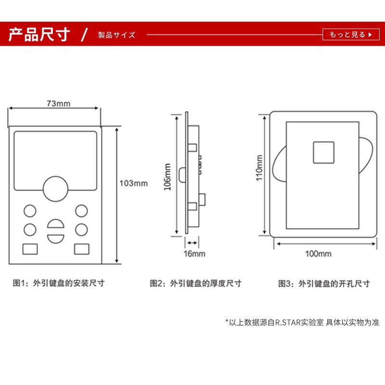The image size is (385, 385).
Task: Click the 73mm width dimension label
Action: [58, 103]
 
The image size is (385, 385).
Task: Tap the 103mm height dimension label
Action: [133, 183]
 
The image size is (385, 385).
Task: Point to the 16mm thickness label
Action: [194, 254]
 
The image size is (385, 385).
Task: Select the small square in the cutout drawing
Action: [324, 152]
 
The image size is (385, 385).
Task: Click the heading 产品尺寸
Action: [40, 35]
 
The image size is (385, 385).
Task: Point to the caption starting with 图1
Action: [58, 283]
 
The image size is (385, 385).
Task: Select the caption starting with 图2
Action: [196, 283]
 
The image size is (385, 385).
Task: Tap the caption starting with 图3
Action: [323, 283]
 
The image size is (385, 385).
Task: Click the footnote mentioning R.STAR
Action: [302, 322]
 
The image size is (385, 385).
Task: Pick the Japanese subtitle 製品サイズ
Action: [116, 35]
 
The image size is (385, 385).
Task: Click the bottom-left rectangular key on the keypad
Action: [30, 249]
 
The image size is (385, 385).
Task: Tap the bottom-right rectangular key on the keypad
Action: [81, 249]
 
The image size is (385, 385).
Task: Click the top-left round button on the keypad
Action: [30, 211]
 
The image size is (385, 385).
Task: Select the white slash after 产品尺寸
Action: [85, 35]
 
